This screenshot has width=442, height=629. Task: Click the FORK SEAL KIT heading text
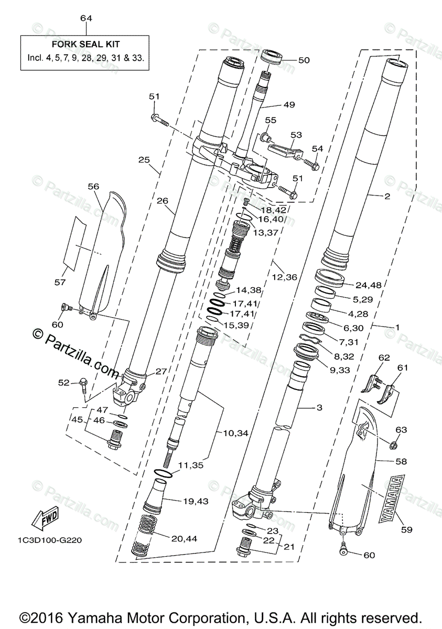coord(85,45)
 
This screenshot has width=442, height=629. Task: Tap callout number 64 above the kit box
coord(86,18)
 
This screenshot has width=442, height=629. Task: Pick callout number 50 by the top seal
coord(304,60)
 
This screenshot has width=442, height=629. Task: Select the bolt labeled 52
coord(82,387)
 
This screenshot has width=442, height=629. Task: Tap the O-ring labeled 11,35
coord(161,473)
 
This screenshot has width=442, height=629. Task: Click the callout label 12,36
coord(283,277)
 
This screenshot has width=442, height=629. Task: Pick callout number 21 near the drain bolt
coord(288,546)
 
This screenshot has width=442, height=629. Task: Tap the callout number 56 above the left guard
coord(93,187)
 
